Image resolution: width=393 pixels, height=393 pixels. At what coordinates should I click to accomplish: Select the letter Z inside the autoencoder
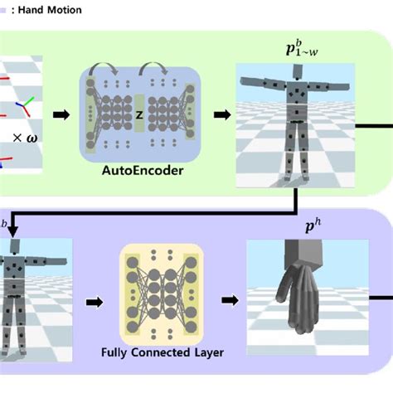[x=139, y=114]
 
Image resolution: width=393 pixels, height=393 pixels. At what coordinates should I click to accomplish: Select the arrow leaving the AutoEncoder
[x=219, y=114]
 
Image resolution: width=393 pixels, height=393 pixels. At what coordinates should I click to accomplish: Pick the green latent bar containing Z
[x=139, y=114]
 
